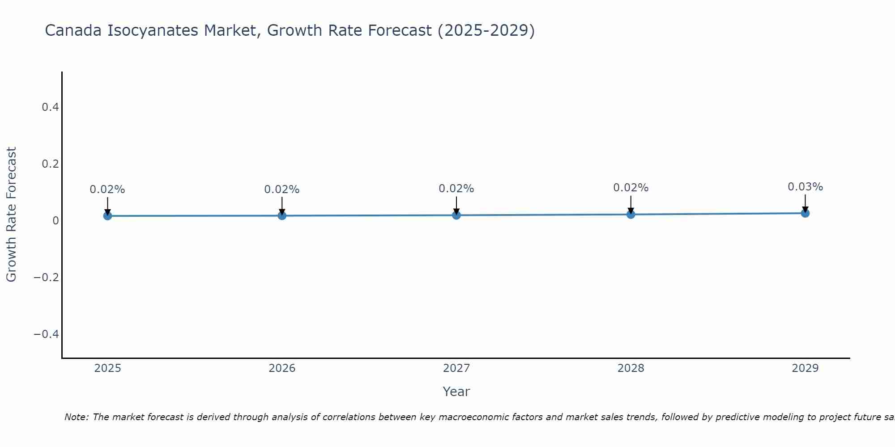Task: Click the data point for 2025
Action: point(107,216)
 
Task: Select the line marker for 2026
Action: point(282,215)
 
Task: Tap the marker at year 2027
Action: point(456,215)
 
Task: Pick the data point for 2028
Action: point(631,214)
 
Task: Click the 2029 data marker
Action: point(805,213)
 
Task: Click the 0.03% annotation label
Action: point(805,187)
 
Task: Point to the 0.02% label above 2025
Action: point(107,190)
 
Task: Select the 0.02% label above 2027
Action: point(456,189)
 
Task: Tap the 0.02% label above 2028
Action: point(631,188)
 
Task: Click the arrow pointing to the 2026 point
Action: point(282,206)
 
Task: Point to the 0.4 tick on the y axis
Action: point(50,107)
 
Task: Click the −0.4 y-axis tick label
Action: point(47,334)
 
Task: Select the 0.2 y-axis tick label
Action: point(50,164)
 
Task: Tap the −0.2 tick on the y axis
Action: point(47,278)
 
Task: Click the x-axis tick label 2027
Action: point(456,368)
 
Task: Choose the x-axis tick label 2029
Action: point(805,368)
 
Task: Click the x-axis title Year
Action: point(456,392)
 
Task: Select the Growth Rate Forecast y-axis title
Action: point(11,215)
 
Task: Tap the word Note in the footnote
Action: point(76,417)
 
